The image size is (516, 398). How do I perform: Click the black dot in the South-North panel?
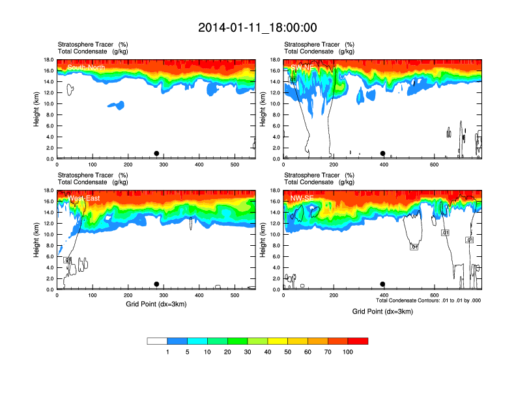point(156,153)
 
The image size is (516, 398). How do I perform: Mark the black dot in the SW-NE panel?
point(383,153)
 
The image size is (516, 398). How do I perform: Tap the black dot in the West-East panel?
point(156,284)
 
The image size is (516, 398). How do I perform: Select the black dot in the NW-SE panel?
point(383,284)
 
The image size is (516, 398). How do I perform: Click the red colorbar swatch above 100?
point(358,341)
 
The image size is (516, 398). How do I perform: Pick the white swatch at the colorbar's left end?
point(157,341)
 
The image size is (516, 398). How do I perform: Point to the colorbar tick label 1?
point(167,352)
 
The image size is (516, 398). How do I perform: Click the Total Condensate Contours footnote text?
point(428,300)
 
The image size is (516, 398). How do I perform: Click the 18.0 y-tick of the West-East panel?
point(48,191)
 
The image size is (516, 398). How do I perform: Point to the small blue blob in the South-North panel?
point(115,105)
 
